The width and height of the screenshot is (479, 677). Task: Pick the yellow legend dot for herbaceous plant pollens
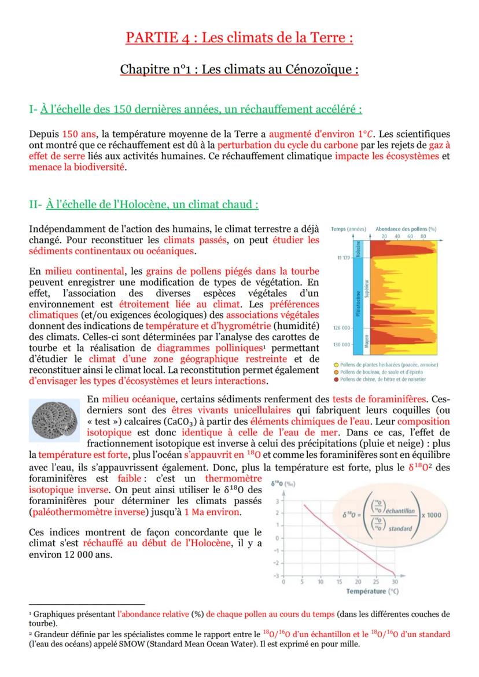coord(336,365)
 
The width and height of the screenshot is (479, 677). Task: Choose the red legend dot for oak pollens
coord(336,379)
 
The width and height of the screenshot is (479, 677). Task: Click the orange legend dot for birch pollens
coord(336,372)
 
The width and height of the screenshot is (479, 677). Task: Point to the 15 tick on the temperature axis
coord(339,582)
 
